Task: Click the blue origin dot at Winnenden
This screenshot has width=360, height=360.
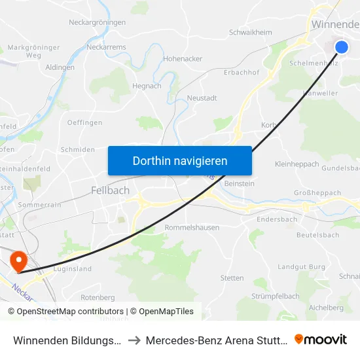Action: [x=342, y=46]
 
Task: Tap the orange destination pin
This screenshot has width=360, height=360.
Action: [x=19, y=261]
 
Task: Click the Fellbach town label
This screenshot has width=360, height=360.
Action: [x=109, y=190]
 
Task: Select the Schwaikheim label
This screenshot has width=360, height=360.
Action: [x=251, y=32]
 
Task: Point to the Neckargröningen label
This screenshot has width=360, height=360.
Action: [x=98, y=22]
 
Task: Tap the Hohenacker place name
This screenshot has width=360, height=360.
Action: [x=183, y=58]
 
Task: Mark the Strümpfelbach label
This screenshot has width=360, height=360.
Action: [x=276, y=296]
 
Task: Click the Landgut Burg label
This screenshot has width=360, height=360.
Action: [x=301, y=267]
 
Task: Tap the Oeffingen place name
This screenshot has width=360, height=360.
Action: [x=85, y=122]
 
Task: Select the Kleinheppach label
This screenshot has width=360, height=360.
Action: [x=297, y=164]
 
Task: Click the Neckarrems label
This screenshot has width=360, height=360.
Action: [x=106, y=48]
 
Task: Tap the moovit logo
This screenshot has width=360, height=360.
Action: [x=321, y=339]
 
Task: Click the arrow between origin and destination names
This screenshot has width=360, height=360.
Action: [x=134, y=340]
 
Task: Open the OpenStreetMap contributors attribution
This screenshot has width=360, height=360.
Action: [x=65, y=312]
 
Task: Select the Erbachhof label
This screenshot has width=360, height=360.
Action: [x=241, y=72]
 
